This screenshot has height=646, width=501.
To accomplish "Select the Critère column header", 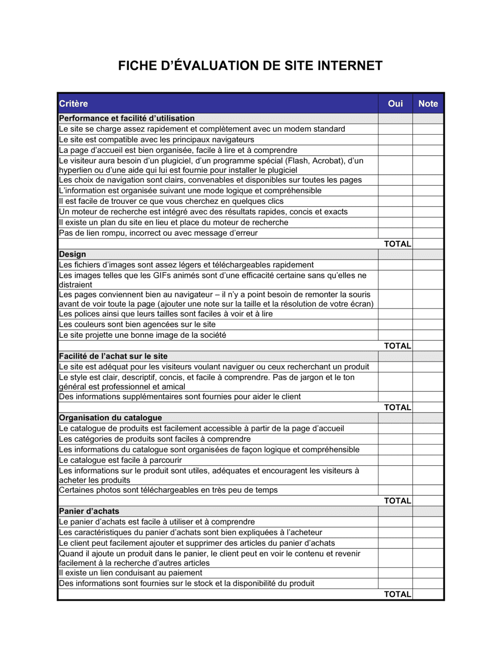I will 74,104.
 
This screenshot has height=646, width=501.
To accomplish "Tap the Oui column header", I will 395,104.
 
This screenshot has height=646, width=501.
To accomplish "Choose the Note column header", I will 428,104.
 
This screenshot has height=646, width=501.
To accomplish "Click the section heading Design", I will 73,254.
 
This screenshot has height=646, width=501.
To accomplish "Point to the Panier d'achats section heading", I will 89,511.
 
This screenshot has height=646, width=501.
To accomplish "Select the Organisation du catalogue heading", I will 111,418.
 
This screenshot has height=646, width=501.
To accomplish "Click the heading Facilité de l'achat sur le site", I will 113,356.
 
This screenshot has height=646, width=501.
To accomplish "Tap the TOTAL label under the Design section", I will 397,346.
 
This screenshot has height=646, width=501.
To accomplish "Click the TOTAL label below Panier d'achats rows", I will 397,594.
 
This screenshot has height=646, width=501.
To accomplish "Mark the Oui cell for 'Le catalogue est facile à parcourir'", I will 395,460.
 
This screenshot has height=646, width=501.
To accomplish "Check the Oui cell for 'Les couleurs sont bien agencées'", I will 395,325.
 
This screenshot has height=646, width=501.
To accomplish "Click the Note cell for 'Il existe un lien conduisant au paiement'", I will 428,573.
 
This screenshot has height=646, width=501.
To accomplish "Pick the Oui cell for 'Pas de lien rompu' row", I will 395,233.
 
